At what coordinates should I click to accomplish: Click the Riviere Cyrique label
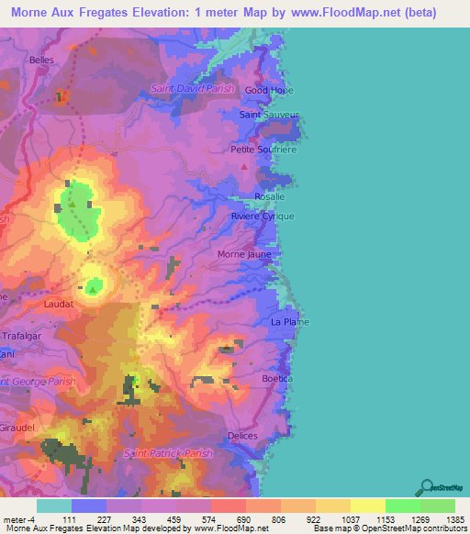263,216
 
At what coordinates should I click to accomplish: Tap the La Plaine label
289,322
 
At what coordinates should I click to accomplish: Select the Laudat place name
58,301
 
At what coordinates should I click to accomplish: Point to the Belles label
42,60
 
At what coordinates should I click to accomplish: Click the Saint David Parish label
193,89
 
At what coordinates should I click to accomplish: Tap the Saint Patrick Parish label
168,453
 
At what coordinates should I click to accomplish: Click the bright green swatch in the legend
402,506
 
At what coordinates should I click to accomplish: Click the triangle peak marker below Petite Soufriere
243,167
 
